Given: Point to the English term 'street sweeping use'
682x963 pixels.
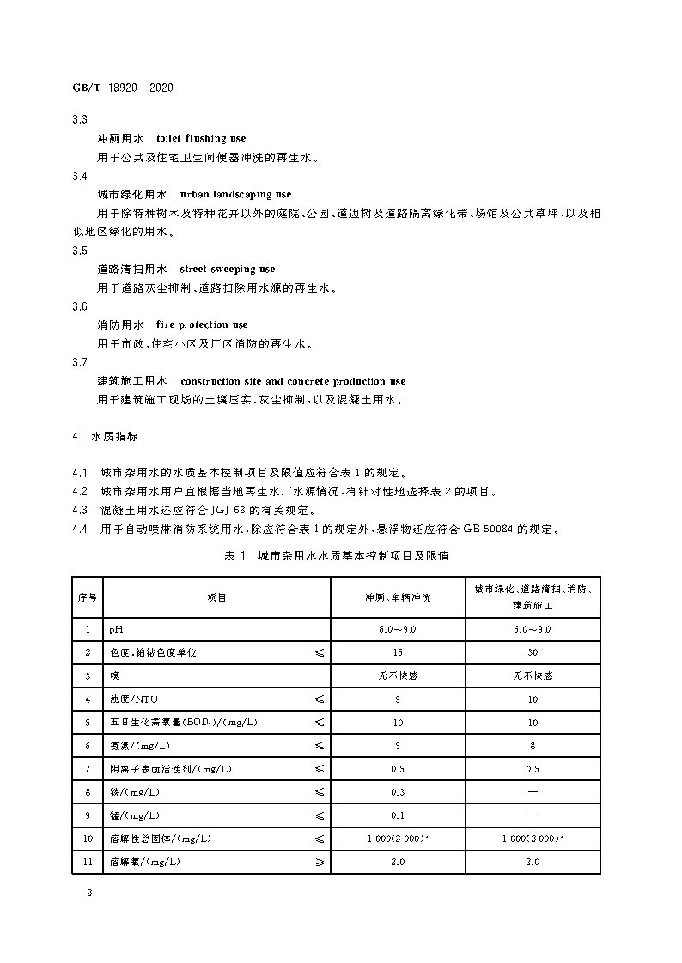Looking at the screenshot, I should coord(227,269).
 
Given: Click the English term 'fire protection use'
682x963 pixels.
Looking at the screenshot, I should coord(201,325).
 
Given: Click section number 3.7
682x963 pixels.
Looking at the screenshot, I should coord(80,362).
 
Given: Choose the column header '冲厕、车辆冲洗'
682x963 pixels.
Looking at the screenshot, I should coord(398,597).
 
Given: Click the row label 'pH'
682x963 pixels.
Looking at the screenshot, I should coord(116,630).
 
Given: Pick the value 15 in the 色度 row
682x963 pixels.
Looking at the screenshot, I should coord(398,653).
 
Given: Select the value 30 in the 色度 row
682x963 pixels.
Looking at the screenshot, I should coord(533,653).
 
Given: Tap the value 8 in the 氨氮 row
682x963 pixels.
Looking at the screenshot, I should coord(533,746).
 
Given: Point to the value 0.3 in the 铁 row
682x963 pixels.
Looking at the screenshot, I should coord(398,792).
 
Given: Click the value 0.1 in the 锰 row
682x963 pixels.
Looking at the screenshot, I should coord(398,815).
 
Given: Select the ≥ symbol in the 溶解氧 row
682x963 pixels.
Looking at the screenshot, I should coord(320,862).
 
